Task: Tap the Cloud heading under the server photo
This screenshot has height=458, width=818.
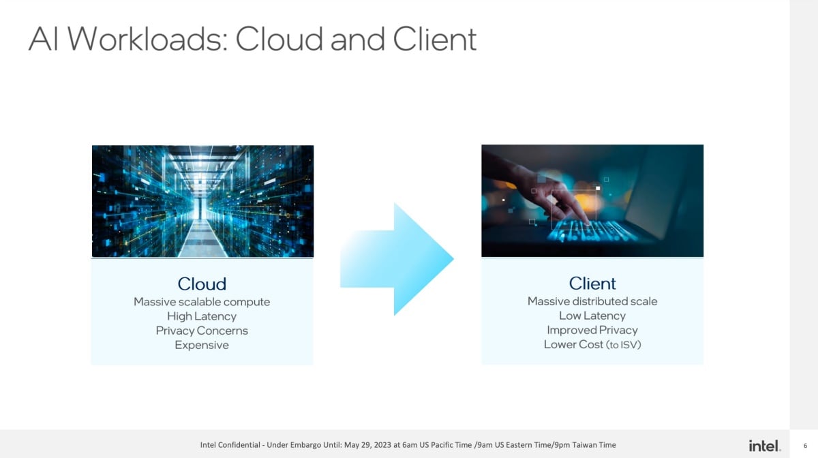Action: point(202,284)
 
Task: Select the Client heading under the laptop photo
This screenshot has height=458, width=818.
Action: point(592,283)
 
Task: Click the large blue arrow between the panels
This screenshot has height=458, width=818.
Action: point(397,259)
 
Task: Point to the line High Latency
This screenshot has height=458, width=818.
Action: point(202,316)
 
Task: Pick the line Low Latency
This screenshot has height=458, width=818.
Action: point(592,316)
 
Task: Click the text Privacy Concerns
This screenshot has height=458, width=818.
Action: point(202,331)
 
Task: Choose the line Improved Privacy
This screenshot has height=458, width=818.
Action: point(592,330)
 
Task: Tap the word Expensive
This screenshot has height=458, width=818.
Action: point(202,345)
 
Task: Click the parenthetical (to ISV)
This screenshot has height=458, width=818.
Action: point(623,345)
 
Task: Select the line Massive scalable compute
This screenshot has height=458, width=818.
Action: point(202,302)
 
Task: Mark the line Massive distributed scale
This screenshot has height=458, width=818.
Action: point(592,301)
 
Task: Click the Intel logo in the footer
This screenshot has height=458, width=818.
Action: point(765,446)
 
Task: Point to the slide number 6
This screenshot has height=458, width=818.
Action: point(805,446)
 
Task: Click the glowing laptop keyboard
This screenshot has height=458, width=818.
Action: point(592,231)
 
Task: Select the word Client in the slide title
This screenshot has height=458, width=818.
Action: point(435,39)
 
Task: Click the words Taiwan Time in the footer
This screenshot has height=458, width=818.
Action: point(594,445)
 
